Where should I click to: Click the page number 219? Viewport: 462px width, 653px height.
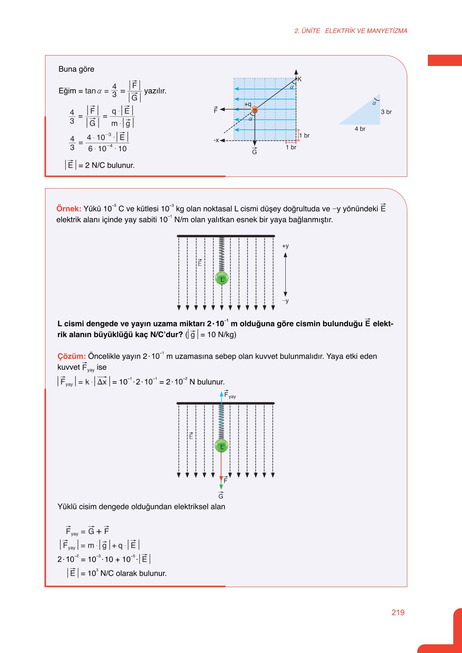click(398, 612)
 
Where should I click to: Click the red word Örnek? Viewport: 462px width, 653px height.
click(69, 209)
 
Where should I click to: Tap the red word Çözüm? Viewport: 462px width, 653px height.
click(71, 356)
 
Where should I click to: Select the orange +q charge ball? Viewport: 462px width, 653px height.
click(254, 110)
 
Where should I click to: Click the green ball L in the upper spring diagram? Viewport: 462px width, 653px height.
click(222, 278)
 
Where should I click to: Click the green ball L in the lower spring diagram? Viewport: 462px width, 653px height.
click(221, 446)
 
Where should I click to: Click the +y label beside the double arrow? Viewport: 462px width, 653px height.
click(285, 246)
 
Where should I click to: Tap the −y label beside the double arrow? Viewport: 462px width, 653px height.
click(285, 301)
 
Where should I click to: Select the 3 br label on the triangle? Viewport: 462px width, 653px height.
click(386, 112)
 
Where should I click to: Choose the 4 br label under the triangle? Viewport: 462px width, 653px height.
click(360, 129)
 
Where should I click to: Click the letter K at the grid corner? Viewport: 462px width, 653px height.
click(299, 79)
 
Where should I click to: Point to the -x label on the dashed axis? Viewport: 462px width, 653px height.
click(216, 140)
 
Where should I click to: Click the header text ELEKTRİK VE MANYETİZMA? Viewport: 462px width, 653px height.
click(366, 31)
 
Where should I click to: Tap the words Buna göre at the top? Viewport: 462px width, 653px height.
click(76, 69)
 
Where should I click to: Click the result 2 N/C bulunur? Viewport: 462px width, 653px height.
click(109, 165)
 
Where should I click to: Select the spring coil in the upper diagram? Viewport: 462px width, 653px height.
click(222, 254)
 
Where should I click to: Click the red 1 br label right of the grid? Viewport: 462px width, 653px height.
click(304, 135)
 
